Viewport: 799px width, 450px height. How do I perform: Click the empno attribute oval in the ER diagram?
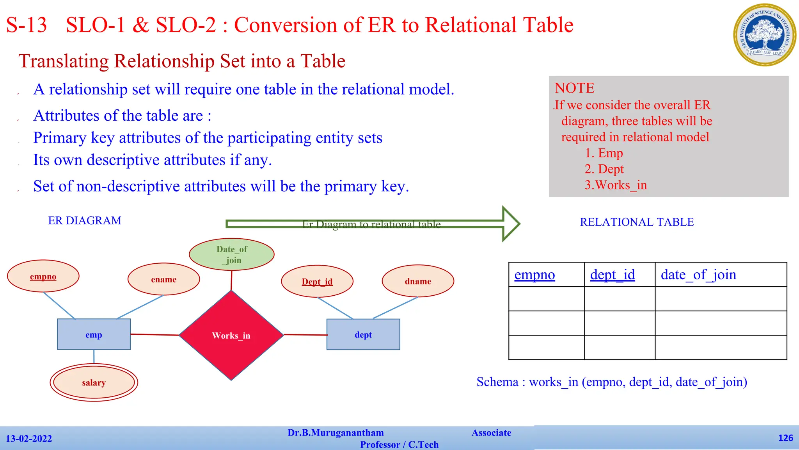click(x=43, y=276)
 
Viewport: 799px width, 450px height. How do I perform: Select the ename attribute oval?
click(x=163, y=279)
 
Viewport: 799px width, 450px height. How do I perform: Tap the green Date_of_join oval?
click(x=232, y=254)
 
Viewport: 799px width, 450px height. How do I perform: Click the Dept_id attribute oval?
click(x=317, y=281)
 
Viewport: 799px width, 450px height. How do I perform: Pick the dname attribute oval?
click(x=418, y=281)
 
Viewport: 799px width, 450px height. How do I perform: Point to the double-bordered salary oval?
click(x=94, y=382)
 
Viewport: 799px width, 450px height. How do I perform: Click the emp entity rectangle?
click(x=94, y=334)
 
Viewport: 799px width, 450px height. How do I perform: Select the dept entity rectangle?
click(x=363, y=334)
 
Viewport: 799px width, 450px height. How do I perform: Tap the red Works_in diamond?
click(x=231, y=335)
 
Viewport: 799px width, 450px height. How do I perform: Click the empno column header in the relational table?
click(x=534, y=275)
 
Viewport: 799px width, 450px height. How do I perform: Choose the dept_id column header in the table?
click(x=613, y=275)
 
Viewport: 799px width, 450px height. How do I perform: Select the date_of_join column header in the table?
click(x=698, y=275)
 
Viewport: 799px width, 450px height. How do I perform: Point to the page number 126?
click(x=785, y=438)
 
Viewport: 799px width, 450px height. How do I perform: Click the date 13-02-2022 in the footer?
click(x=29, y=439)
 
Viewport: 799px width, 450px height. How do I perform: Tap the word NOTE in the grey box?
click(x=574, y=88)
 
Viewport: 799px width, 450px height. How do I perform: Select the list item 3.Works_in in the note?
click(x=616, y=185)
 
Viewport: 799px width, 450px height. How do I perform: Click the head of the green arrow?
click(x=510, y=223)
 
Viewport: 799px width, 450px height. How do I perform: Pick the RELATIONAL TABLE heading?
click(x=637, y=222)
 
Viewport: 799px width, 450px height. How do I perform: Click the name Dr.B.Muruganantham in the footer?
click(x=336, y=433)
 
